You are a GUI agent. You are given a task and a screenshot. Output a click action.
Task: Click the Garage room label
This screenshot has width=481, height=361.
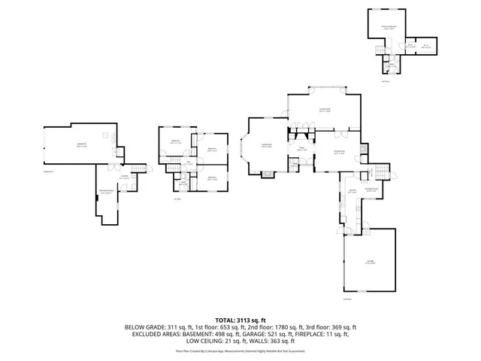[x=370, y=262]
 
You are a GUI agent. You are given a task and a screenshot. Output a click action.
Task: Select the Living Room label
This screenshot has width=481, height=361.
[x=266, y=146]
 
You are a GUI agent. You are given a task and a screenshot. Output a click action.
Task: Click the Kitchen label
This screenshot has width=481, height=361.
[x=351, y=190]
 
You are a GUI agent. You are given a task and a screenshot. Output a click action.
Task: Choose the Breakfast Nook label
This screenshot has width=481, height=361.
[x=371, y=191]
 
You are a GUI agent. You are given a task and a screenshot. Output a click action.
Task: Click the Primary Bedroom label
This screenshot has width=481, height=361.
[x=388, y=26]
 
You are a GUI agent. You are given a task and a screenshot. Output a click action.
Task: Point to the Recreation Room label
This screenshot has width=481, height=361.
[x=107, y=193]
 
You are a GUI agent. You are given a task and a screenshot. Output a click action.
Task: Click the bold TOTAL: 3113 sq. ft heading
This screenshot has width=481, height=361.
[x=240, y=320]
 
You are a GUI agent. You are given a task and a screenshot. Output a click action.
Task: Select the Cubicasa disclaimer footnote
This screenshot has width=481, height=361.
[x=240, y=350]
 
